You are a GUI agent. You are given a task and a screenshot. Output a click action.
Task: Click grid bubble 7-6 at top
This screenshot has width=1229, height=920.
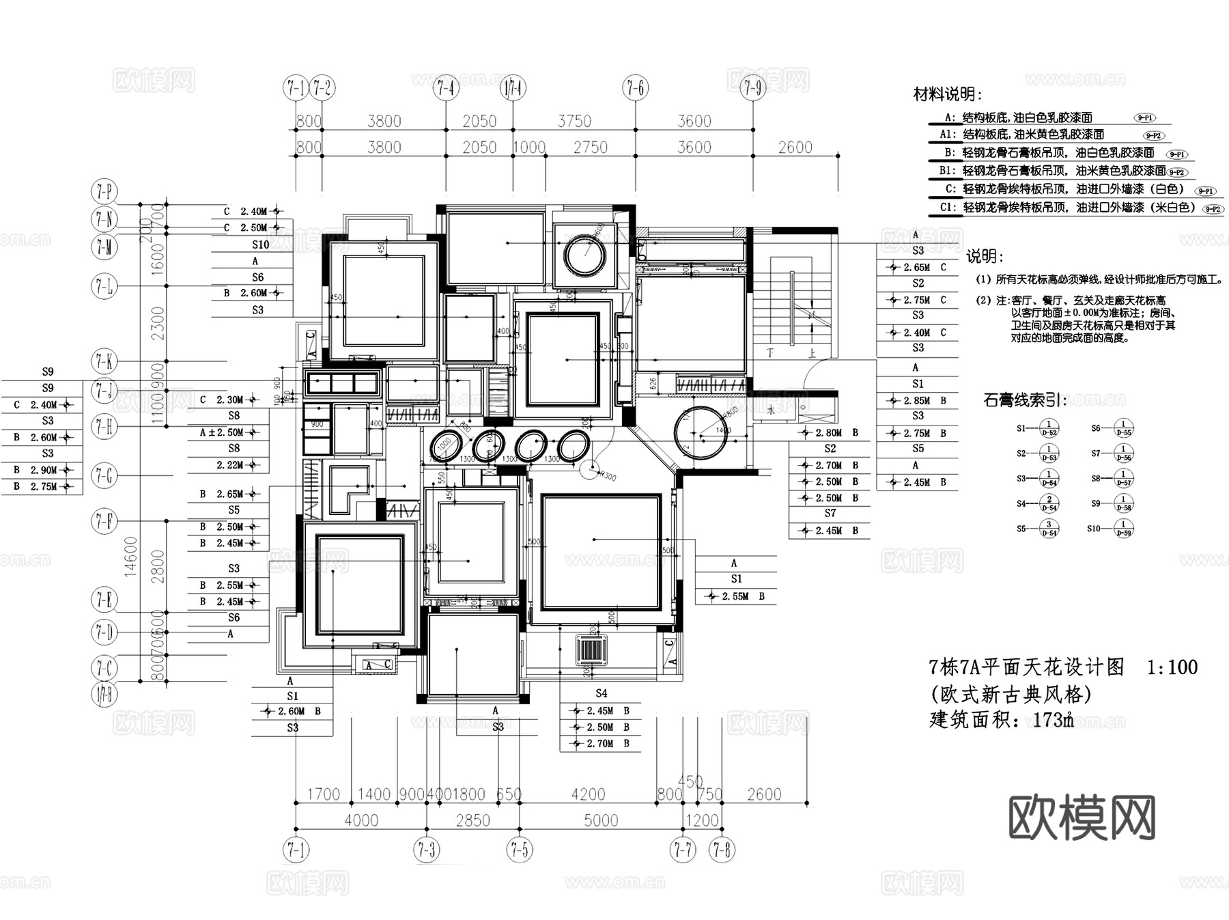tap(635, 88)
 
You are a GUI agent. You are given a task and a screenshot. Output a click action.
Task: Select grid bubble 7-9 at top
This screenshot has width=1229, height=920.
tap(753, 88)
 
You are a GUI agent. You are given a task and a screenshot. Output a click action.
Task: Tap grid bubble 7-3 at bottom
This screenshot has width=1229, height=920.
tap(427, 850)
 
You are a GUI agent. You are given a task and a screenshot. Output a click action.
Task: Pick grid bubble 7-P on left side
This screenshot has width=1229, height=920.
tap(104, 193)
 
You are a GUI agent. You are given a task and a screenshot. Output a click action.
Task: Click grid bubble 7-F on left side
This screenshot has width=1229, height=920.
tap(104, 522)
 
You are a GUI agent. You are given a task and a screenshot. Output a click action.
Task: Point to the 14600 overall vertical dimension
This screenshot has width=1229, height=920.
tap(130, 556)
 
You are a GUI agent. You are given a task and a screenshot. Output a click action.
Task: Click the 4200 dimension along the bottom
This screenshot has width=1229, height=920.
tap(588, 794)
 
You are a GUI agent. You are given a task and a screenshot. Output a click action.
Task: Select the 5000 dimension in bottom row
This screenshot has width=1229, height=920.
tap(601, 820)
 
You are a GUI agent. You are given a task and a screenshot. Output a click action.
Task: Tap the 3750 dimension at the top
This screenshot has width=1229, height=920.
tap(574, 122)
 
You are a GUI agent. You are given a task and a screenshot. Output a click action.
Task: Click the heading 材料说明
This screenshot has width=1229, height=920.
tap(948, 95)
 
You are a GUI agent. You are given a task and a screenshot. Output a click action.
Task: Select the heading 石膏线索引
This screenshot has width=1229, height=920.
tap(1025, 400)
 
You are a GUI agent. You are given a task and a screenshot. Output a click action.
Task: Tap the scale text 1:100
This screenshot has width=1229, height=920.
tap(1172, 667)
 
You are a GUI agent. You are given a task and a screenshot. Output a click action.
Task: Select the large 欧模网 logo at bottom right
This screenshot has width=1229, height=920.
tap(1082, 817)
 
